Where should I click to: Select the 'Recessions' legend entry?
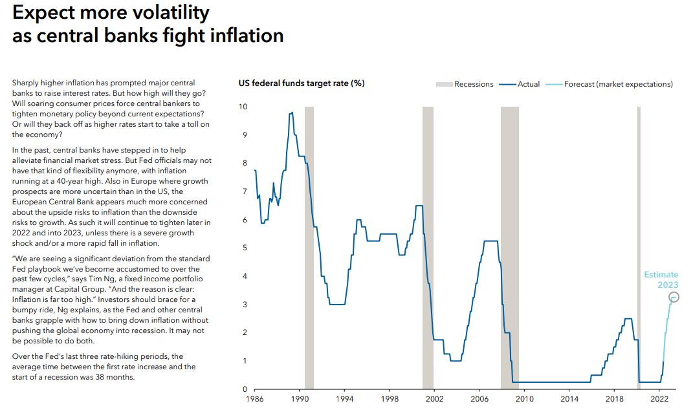pos(473,84)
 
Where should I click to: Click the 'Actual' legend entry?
pos(528,84)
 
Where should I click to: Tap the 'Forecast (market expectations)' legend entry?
pos(618,84)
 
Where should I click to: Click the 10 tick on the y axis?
pos(243,106)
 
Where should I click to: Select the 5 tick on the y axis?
pos(245,248)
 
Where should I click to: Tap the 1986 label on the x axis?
pos(256,399)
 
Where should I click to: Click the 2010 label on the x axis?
pos(525,399)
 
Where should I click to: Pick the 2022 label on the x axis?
pos(659,399)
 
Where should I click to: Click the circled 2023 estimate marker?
pos(674,297)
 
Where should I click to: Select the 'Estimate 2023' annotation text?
pos(661,279)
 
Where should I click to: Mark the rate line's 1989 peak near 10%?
pos(292,113)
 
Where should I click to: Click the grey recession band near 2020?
pos(639,246)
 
